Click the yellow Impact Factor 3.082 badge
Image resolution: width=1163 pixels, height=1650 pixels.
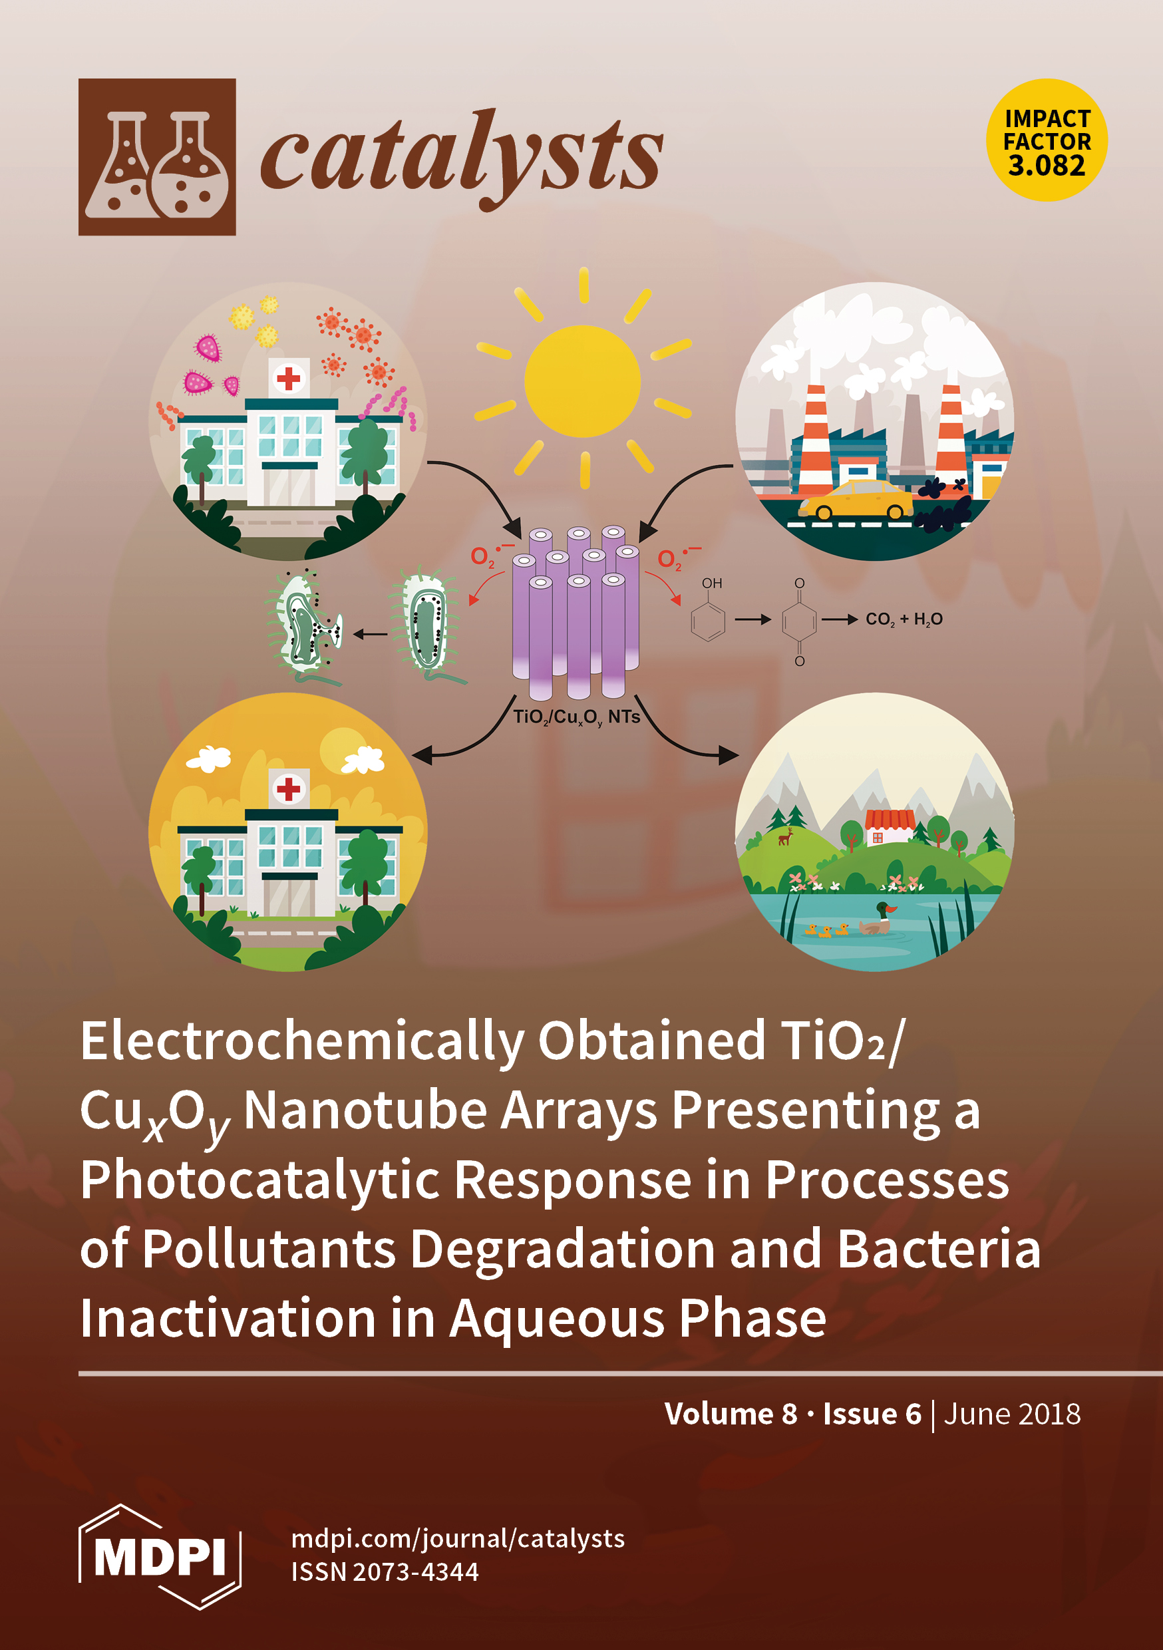[x=1047, y=140]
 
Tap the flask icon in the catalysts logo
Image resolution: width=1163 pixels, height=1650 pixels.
[x=157, y=156]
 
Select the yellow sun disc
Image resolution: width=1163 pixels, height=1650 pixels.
[x=582, y=381]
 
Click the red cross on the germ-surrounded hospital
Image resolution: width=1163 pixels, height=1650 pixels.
[x=288, y=378]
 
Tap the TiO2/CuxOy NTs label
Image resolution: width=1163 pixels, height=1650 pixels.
[x=576, y=717]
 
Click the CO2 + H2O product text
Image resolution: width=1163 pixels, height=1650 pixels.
[x=904, y=619]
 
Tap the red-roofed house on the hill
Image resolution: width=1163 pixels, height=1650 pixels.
[x=890, y=827]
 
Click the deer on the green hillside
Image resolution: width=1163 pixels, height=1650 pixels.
[x=786, y=836]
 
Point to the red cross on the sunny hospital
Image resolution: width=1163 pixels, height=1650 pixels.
[x=288, y=789]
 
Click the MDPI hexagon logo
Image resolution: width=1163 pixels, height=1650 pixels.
[x=160, y=1557]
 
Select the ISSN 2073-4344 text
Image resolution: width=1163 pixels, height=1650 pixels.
[x=385, y=1571]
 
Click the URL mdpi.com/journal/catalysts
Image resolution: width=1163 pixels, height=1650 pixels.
[x=458, y=1539]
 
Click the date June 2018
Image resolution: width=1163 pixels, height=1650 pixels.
[x=1012, y=1414]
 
